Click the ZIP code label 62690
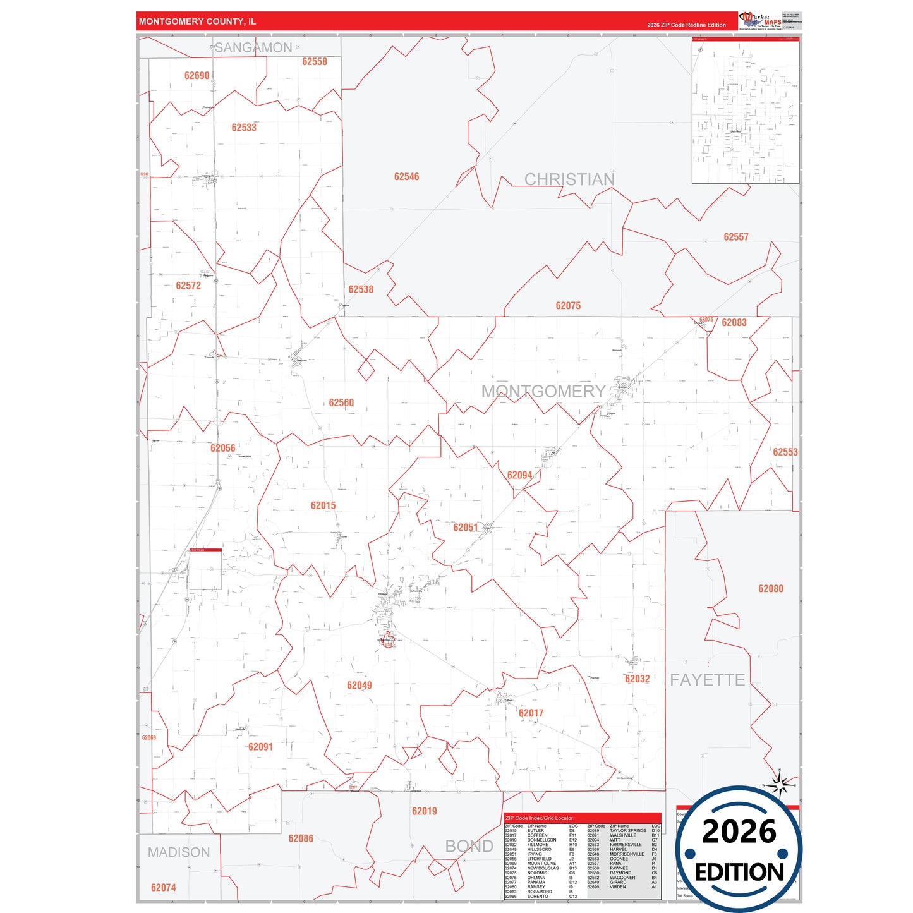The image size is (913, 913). tap(197, 76)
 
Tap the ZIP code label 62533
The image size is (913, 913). tap(244, 128)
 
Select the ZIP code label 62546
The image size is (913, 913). tap(406, 177)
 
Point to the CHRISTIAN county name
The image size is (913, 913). tap(569, 180)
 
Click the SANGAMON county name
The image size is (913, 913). tap(253, 48)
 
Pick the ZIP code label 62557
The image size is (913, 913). tap(736, 238)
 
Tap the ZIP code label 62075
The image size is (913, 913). tap(568, 306)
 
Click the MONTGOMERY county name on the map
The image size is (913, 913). tap(543, 392)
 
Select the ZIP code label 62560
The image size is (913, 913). tap(341, 403)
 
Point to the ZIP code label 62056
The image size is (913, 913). tap(222, 449)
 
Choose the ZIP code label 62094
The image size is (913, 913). tap(519, 476)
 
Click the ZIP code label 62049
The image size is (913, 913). tap(359, 686)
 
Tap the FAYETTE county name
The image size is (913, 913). tap(707, 680)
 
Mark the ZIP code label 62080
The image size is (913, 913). tap(771, 589)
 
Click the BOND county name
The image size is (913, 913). tap(469, 847)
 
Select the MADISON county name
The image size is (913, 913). tap(179, 852)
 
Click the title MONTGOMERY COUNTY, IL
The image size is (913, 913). tap(198, 21)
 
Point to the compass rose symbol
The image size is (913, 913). tap(780, 785)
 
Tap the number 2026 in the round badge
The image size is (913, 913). tap(739, 831)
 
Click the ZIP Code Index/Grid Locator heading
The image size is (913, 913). tap(539, 818)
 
